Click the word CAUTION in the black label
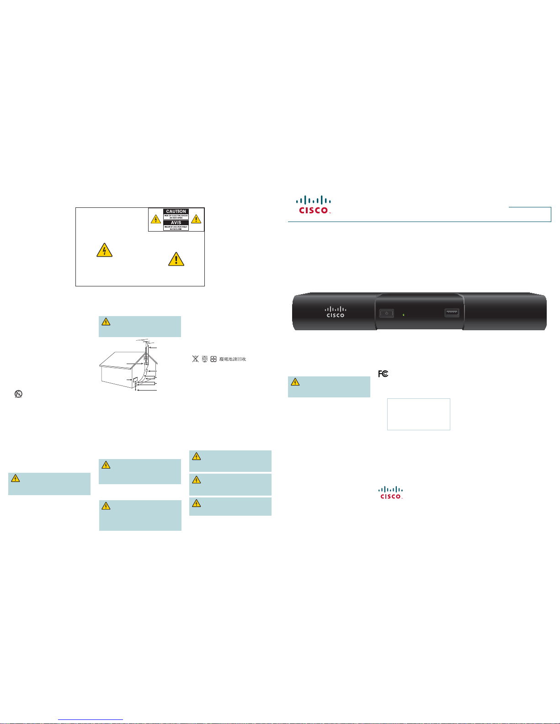[x=176, y=211]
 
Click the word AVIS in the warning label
[x=176, y=222]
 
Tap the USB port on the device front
[x=452, y=313]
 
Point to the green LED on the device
[x=403, y=315]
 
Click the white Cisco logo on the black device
[x=335, y=312]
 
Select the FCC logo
[x=383, y=374]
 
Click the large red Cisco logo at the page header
[x=314, y=205]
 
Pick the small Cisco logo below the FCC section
[x=391, y=492]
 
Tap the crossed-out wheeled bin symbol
[x=196, y=359]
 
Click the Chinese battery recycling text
[x=233, y=359]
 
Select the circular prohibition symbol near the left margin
[x=18, y=394]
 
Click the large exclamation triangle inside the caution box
[x=176, y=259]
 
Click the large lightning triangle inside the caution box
[x=105, y=250]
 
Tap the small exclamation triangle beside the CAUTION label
[x=196, y=219]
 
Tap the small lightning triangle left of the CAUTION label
[x=156, y=219]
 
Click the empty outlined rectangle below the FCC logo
[x=418, y=414]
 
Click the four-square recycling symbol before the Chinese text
[x=213, y=359]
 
